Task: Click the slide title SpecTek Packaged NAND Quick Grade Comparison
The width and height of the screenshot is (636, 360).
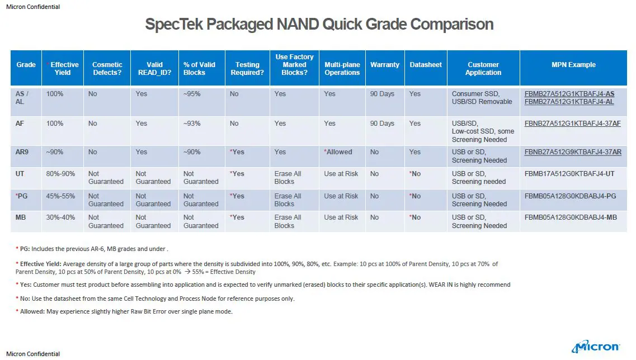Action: (x=319, y=25)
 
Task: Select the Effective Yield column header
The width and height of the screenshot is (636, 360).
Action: (x=64, y=68)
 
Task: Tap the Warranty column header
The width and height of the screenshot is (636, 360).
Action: (x=384, y=65)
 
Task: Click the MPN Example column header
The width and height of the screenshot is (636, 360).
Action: (x=573, y=65)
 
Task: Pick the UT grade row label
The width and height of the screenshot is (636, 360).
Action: (x=20, y=174)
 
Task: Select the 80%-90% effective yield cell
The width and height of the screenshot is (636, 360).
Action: (x=60, y=174)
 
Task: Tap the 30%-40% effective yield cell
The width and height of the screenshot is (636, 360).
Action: (x=60, y=217)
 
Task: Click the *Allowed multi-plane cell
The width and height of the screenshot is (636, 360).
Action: (x=338, y=151)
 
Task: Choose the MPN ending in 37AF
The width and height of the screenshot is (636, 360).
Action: (x=572, y=124)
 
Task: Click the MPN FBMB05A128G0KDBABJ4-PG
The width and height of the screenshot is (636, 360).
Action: (x=571, y=196)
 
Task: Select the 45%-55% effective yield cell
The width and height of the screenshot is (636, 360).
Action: (x=60, y=196)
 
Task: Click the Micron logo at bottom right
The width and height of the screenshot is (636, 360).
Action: (x=595, y=347)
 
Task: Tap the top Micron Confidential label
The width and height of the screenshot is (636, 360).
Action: (x=33, y=7)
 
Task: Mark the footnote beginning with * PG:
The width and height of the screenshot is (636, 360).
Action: (x=92, y=249)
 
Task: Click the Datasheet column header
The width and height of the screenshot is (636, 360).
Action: (x=426, y=65)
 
